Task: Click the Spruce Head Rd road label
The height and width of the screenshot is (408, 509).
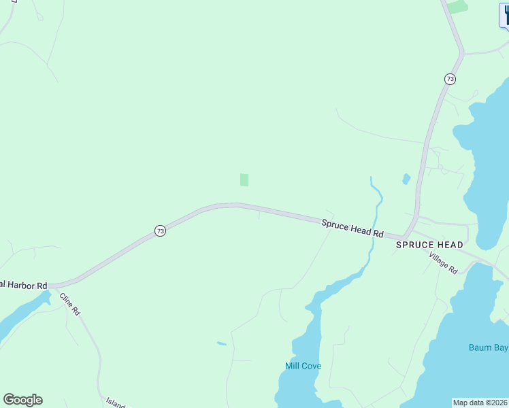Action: (352, 227)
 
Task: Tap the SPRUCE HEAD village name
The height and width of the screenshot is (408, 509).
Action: (429, 245)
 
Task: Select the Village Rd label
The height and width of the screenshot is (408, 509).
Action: (443, 262)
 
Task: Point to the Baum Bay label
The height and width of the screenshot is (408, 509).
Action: (489, 347)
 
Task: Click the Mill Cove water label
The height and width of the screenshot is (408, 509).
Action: (303, 366)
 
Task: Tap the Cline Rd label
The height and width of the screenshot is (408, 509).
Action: (70, 303)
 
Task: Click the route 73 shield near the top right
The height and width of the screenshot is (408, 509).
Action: (450, 80)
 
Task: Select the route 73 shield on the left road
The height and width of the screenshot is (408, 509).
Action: (160, 231)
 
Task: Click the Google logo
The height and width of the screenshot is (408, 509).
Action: (22, 400)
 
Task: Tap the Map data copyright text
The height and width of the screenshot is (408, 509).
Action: (480, 403)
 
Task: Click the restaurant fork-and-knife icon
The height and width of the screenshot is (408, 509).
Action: (505, 15)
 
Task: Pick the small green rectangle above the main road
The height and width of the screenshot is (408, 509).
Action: (244, 180)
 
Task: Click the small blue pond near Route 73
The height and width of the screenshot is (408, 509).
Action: (406, 179)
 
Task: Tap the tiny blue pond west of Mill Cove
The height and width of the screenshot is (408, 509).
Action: (222, 343)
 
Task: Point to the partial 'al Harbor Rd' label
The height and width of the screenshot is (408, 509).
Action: (23, 284)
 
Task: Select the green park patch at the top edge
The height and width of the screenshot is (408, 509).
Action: (457, 6)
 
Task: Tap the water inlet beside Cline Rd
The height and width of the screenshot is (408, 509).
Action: (20, 316)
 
